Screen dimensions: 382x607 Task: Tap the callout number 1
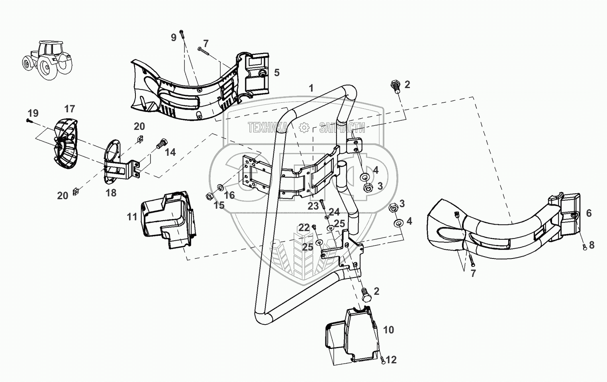click(311, 88)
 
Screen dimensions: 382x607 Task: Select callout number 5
click(277, 73)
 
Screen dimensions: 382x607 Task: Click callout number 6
click(589, 213)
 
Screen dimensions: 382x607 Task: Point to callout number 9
click(173, 37)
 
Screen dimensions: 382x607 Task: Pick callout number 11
click(132, 217)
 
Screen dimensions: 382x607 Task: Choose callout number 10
click(388, 330)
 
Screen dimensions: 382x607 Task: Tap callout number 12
click(391, 360)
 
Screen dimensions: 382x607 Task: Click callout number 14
click(170, 152)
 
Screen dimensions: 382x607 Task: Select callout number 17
click(70, 108)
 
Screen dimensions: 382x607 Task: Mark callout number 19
click(33, 113)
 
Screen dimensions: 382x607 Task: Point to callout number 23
click(313, 206)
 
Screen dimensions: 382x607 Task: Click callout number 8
click(591, 245)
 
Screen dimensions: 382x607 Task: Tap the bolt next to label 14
click(161, 143)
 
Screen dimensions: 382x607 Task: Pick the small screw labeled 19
click(28, 120)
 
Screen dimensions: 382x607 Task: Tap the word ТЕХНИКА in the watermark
click(267, 127)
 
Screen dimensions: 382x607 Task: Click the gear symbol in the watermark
click(304, 127)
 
